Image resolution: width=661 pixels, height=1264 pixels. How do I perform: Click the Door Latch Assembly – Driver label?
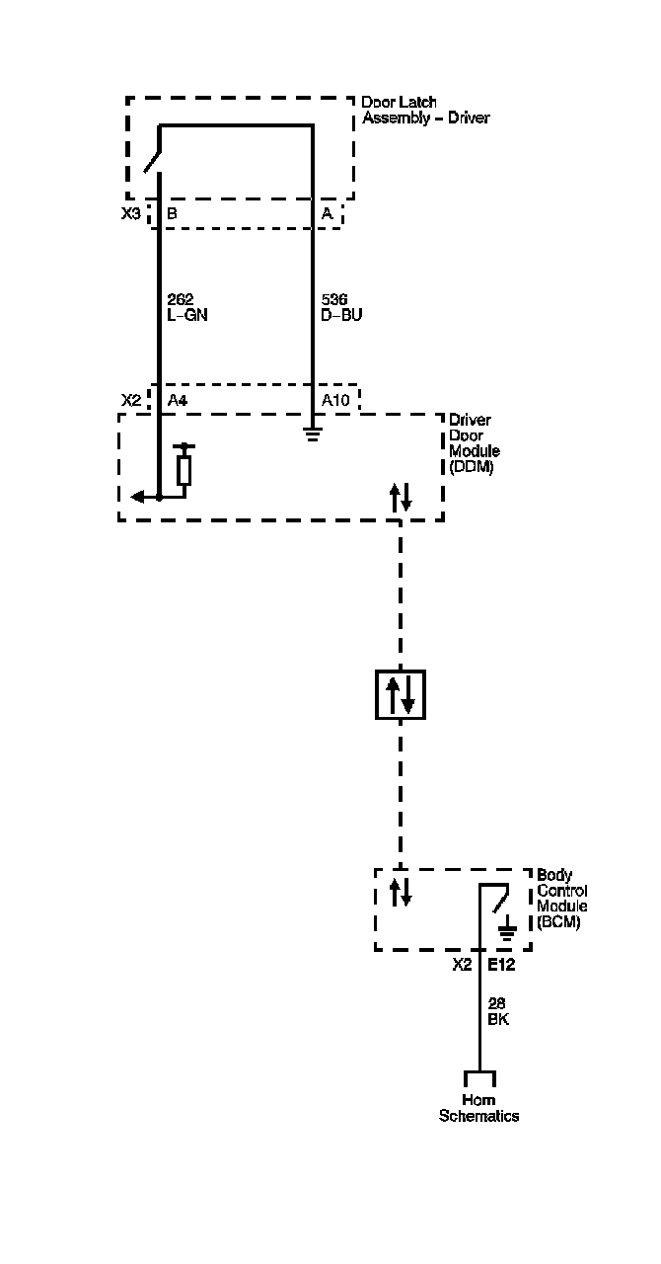(x=425, y=110)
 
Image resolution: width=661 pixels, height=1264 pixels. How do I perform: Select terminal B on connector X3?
(x=172, y=213)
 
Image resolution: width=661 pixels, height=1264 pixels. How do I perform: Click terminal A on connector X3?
(x=327, y=213)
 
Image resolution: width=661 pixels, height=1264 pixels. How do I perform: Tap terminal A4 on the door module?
(x=178, y=400)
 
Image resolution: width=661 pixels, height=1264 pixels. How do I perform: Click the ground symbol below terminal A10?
(x=312, y=432)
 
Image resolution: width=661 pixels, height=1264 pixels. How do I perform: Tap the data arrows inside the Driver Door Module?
(x=400, y=497)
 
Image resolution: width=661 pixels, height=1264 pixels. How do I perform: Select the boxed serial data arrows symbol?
(x=400, y=693)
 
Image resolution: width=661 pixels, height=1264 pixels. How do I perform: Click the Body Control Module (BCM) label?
(x=561, y=899)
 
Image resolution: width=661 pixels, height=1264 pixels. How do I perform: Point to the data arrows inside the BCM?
(x=400, y=892)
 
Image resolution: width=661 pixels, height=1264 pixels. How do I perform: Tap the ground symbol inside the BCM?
(x=507, y=928)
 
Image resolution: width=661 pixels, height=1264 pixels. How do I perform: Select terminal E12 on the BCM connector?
(x=500, y=965)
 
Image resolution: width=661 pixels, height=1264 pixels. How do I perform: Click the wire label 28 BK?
(x=498, y=1012)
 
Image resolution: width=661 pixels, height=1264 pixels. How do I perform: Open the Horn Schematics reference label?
(x=478, y=1108)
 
